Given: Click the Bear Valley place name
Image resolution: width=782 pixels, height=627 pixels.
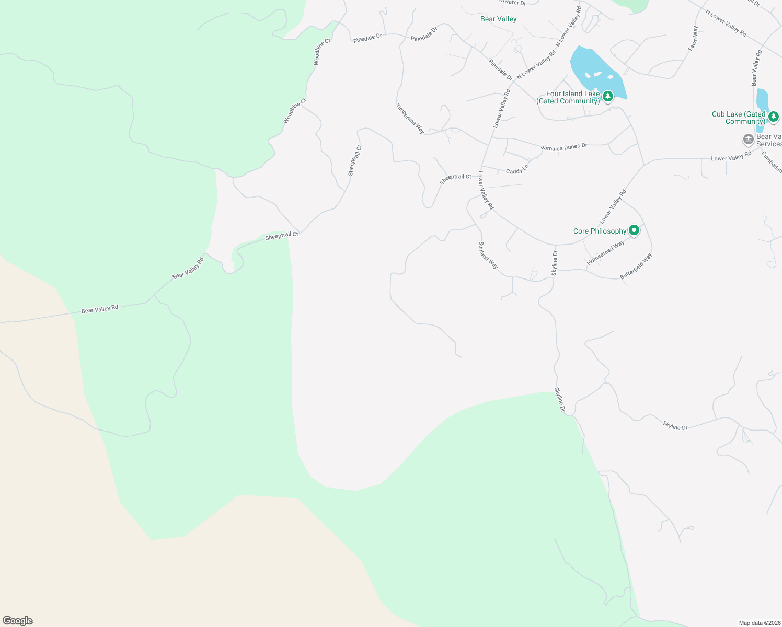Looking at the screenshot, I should [498, 19].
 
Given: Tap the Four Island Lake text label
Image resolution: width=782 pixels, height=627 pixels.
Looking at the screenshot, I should [568, 98].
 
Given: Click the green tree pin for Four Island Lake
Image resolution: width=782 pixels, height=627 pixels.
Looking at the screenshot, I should [607, 96].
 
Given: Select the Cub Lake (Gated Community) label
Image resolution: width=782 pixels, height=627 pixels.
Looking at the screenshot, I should [739, 118].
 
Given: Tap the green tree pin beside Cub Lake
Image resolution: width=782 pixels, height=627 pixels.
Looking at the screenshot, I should [774, 116].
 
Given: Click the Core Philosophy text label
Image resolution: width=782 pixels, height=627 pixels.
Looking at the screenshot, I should [600, 231].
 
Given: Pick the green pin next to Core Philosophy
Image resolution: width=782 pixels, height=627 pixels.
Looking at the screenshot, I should [634, 230].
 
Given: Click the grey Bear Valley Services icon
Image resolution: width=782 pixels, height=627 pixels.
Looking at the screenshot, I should [748, 140].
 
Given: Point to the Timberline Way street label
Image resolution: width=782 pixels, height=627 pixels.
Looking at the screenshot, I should [410, 119].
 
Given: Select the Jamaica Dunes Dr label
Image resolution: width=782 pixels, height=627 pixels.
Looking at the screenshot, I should [564, 147].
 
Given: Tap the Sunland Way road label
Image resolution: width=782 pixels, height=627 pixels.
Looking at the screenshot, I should [488, 255].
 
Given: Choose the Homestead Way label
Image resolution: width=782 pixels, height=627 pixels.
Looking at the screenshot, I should [605, 252].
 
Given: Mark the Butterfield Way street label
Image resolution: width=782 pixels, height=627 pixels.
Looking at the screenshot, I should [636, 266].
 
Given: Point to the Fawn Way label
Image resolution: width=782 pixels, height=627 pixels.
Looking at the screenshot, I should [693, 38].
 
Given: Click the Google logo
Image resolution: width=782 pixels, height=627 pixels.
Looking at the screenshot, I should [18, 621].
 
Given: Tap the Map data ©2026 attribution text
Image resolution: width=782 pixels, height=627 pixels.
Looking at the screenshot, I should [759, 623].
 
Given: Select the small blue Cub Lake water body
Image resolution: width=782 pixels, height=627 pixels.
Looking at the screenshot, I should [762, 102].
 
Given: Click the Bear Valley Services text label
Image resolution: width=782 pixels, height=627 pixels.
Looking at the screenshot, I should [769, 140].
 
